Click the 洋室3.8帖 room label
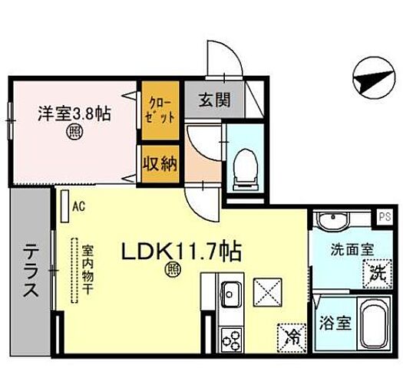pos(74,113)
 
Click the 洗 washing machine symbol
pos(375,271)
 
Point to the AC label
pos(78,205)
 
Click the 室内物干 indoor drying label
pos(89,264)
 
